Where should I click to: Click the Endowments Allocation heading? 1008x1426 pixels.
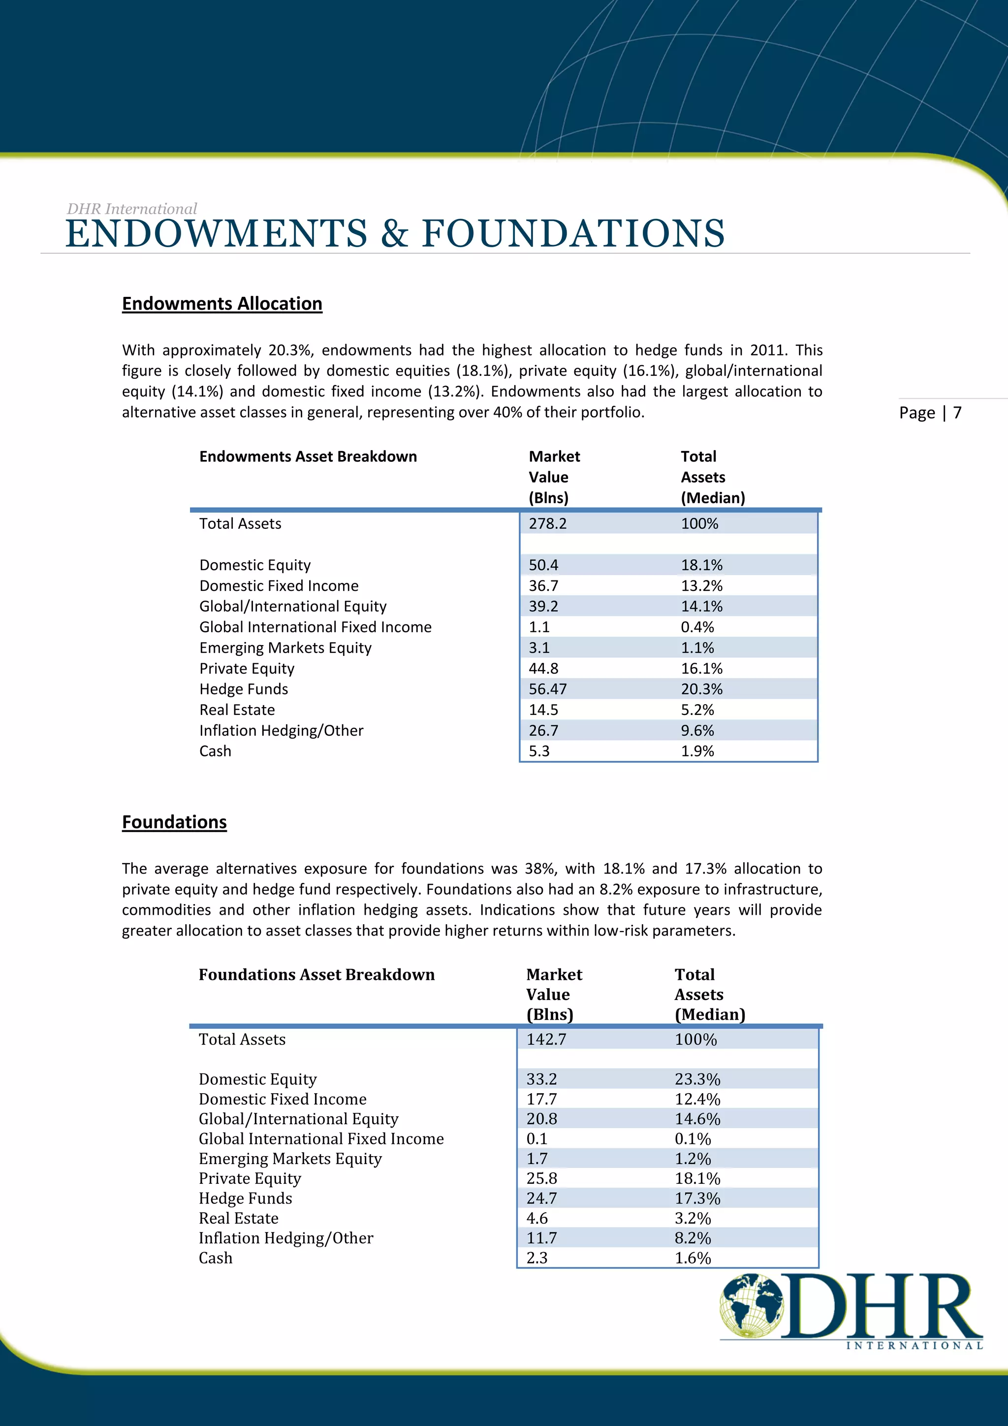pos(221,304)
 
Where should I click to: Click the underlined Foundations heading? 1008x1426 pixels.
pos(174,822)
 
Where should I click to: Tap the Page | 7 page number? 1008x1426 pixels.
pos(930,413)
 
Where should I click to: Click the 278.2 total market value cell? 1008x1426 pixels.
pos(547,523)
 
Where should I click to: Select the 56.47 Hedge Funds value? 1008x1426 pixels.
pos(547,689)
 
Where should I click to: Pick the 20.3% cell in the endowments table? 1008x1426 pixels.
pos(701,689)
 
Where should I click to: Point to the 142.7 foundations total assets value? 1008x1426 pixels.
pos(546,1039)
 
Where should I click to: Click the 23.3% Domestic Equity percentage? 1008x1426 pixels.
pos(697,1079)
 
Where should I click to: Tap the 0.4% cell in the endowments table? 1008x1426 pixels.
pos(697,627)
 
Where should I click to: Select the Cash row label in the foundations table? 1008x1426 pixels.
pos(216,1258)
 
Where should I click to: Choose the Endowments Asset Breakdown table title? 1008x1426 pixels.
pos(308,456)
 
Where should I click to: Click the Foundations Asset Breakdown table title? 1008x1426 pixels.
pos(316,974)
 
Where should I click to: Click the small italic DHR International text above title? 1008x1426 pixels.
pos(131,209)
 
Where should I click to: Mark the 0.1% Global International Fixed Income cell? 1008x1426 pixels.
pos(693,1138)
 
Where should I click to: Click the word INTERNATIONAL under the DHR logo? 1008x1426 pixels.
pos(914,1346)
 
